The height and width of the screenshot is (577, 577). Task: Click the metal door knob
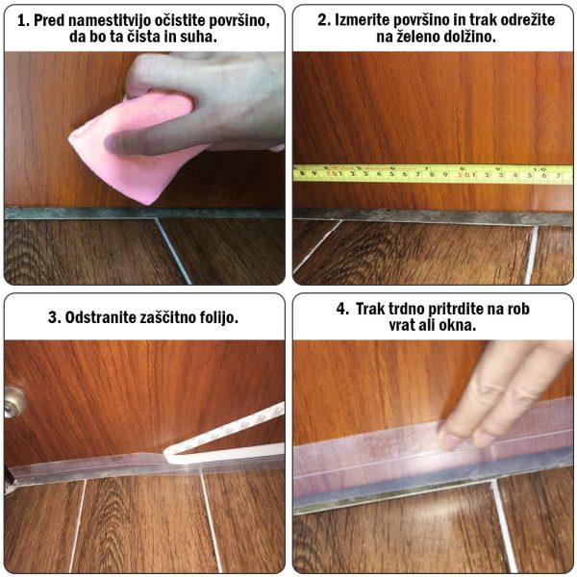14,402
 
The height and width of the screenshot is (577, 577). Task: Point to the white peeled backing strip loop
224,438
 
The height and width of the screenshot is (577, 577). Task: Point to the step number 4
341,309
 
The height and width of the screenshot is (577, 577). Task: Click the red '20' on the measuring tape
463,175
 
